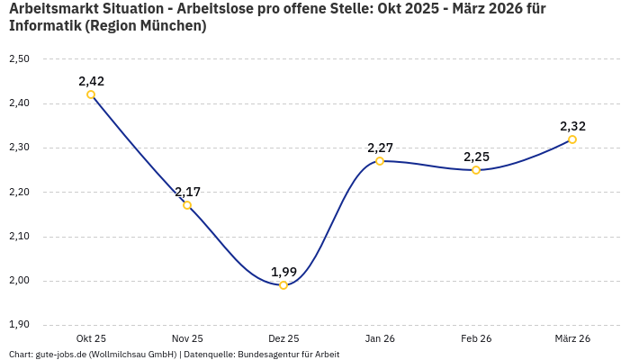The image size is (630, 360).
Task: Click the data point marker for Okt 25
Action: (91, 94)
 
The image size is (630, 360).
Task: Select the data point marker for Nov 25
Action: (187, 205)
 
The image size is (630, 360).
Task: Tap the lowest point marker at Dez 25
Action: (283, 285)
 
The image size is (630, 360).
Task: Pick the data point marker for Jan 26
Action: (380, 161)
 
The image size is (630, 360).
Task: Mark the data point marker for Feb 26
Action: (476, 170)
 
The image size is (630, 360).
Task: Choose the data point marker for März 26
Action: (572, 139)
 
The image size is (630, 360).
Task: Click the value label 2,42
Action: (91, 81)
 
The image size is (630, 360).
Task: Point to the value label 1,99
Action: (283, 272)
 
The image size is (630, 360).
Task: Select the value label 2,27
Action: (380, 148)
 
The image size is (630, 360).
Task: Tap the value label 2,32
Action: (572, 126)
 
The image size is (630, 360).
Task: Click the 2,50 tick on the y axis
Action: (19, 59)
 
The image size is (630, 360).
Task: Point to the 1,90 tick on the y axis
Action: (19, 325)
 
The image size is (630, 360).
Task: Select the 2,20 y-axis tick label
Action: (19, 193)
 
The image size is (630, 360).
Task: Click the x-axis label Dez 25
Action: (283, 338)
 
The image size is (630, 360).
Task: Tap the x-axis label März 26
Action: (572, 338)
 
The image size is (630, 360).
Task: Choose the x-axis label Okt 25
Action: (91, 338)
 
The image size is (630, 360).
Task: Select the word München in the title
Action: (173, 26)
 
